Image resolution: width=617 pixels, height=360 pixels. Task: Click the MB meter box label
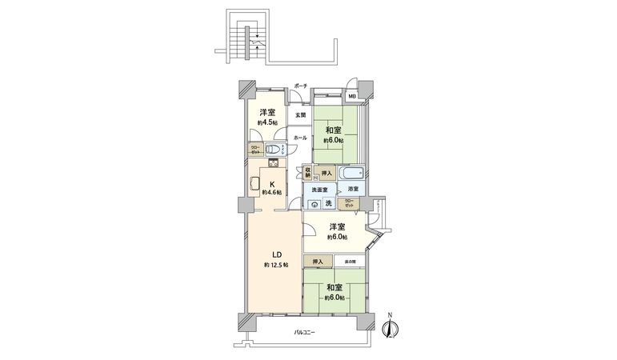point(352,97)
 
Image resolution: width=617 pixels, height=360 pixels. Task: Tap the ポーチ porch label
point(300,86)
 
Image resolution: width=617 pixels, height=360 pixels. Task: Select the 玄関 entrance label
point(299,115)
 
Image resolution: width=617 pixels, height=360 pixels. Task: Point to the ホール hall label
point(300,138)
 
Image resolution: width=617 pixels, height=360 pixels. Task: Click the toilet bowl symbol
point(273,150)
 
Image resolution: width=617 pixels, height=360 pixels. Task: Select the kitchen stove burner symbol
point(273,164)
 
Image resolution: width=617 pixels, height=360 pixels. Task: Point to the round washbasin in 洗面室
point(314,203)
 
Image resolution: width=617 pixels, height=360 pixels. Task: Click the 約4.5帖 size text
point(267,122)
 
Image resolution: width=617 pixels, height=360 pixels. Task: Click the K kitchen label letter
point(271,183)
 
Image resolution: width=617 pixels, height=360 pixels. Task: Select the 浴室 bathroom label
point(352,189)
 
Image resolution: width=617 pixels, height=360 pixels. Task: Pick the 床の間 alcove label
point(350,262)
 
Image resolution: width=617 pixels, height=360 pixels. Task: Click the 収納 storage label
point(307,171)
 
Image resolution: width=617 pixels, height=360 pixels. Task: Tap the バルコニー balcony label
point(304,331)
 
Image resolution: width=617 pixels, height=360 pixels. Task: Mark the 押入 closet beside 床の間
point(319,262)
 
